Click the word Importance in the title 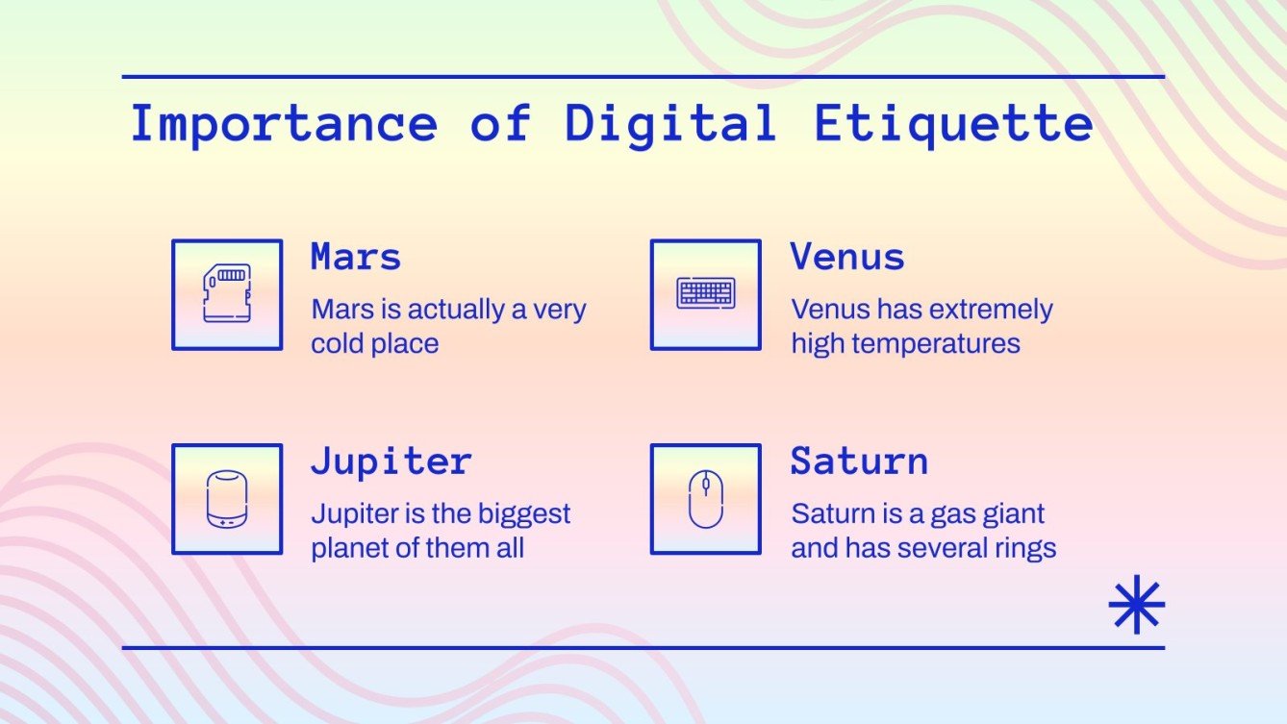pyautogui.click(x=284, y=125)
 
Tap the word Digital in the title pyautogui.click(x=670, y=125)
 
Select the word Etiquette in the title pyautogui.click(x=953, y=125)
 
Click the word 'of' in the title pyautogui.click(x=500, y=125)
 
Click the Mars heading pyautogui.click(x=355, y=258)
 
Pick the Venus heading pyautogui.click(x=847, y=258)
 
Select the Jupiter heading pyautogui.click(x=391, y=462)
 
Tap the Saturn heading pyautogui.click(x=859, y=462)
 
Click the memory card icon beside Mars pyautogui.click(x=227, y=294)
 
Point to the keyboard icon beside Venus pyautogui.click(x=706, y=294)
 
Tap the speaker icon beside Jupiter pyautogui.click(x=227, y=499)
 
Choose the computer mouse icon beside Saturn pyautogui.click(x=705, y=499)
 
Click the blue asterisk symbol pyautogui.click(x=1136, y=604)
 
